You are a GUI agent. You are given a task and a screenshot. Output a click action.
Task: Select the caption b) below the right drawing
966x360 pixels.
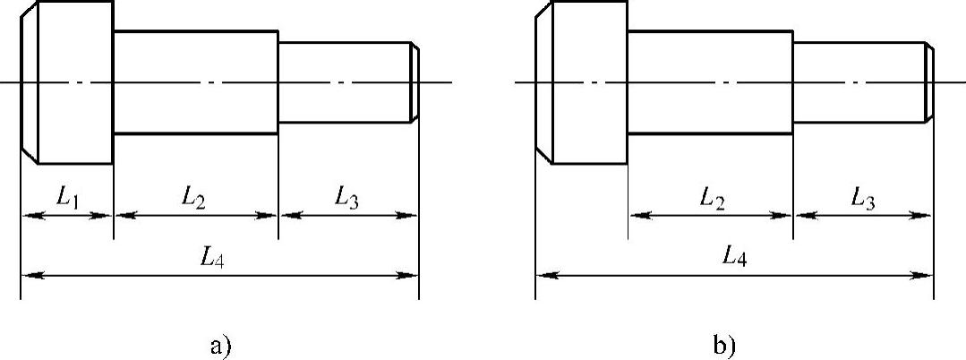pyautogui.click(x=725, y=345)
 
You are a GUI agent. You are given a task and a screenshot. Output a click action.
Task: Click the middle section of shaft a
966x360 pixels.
pyautogui.click(x=195, y=82)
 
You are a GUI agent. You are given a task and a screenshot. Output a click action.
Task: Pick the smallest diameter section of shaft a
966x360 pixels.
pyautogui.click(x=345, y=82)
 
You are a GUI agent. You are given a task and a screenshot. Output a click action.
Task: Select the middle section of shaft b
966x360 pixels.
pyautogui.click(x=710, y=82)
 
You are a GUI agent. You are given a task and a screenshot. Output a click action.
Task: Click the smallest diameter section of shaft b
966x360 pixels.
pyautogui.click(x=859, y=82)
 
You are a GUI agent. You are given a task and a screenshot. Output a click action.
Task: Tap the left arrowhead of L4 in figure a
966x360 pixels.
pyautogui.click(x=28, y=275)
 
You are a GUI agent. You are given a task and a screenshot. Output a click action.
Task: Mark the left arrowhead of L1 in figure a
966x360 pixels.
pyautogui.click(x=28, y=215)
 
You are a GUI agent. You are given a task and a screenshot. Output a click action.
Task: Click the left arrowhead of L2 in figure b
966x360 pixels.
pyautogui.click(x=637, y=215)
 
